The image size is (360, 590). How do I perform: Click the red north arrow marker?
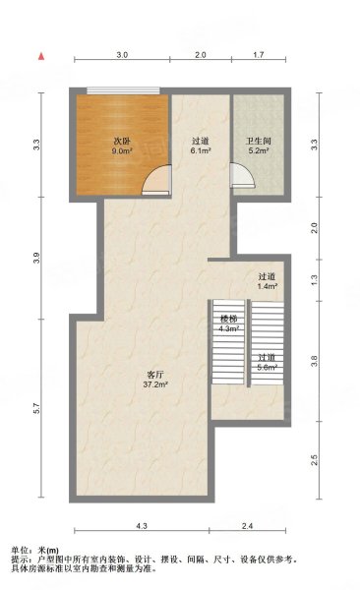coord(41,56)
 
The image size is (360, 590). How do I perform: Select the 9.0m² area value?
coord(122,150)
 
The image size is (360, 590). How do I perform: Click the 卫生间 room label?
coord(259,142)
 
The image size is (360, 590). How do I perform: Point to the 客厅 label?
coord(155,375)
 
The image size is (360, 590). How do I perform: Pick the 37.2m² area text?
coord(155,384)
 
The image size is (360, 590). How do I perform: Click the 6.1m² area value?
coord(201,150)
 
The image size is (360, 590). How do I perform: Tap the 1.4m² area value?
coord(269,286)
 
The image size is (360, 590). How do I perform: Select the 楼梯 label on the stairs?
coord(229,319)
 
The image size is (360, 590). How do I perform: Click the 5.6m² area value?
coord(269,367)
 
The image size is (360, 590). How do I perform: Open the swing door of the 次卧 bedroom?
coord(156,180)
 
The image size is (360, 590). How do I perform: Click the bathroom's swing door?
coord(242,175)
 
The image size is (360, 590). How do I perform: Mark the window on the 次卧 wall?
coord(123,90)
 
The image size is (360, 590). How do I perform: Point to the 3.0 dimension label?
coord(122,54)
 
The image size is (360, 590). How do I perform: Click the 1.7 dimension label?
coord(259,54)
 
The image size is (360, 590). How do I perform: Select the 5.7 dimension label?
coord(36,409)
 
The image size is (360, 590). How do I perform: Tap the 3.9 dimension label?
coord(36,259)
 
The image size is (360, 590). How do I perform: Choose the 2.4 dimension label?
coord(248,526)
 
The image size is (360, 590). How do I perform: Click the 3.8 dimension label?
coord(315,361)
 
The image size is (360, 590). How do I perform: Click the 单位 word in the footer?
coord(19,551)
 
